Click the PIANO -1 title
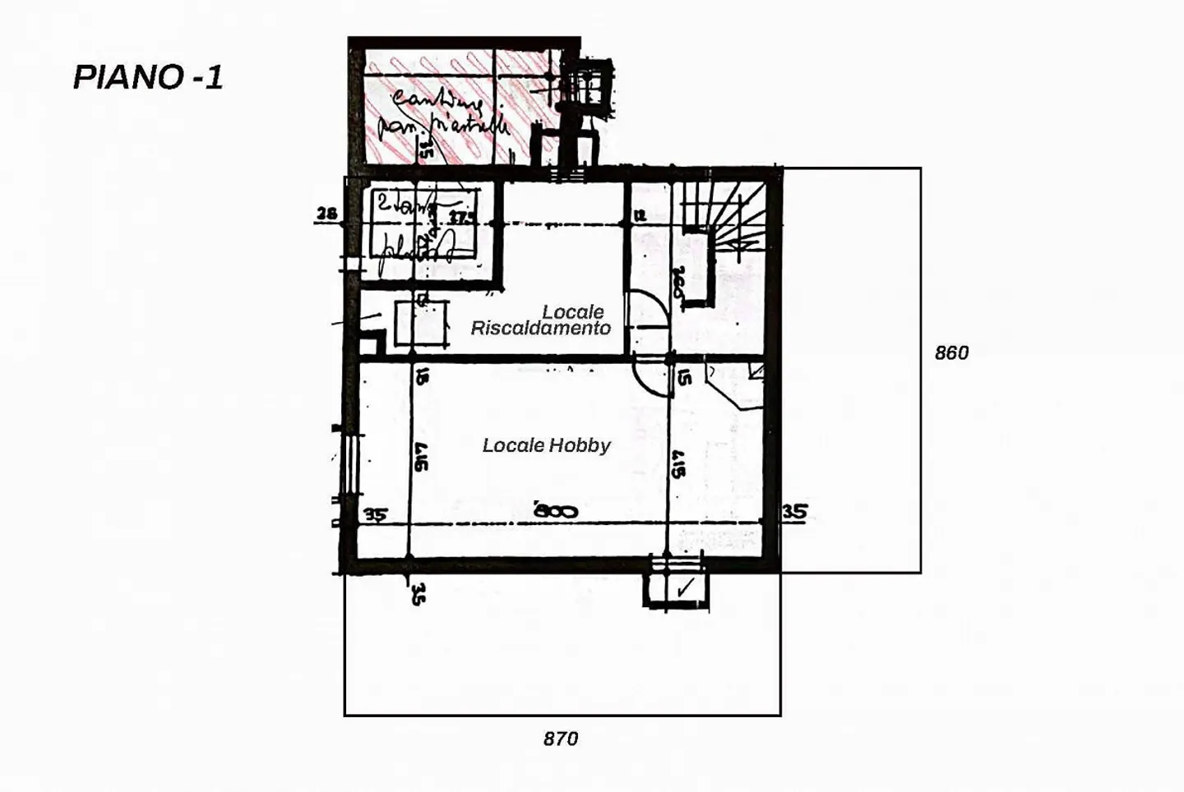[x=148, y=77]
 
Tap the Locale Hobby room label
[x=546, y=445]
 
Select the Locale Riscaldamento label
[x=541, y=320]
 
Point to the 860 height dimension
[x=951, y=352]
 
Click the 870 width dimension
[x=561, y=739]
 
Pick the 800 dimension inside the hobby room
[x=556, y=511]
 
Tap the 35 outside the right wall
[x=794, y=512]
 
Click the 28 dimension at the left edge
[x=326, y=214]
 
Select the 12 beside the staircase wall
[x=640, y=215]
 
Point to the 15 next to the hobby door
[x=684, y=376]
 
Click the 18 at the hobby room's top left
[x=421, y=376]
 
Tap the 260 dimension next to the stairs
[x=679, y=283]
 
